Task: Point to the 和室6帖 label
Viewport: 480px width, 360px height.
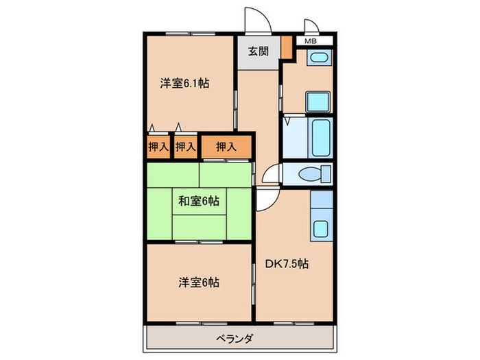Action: [x=199, y=202]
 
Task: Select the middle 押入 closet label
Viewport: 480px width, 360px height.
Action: [x=184, y=146]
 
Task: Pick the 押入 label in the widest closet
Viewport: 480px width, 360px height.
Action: [x=226, y=146]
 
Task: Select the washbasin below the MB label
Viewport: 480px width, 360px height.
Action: [x=317, y=59]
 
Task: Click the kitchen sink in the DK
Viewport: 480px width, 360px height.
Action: [x=320, y=227]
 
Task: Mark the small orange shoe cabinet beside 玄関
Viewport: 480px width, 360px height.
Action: [x=287, y=50]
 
